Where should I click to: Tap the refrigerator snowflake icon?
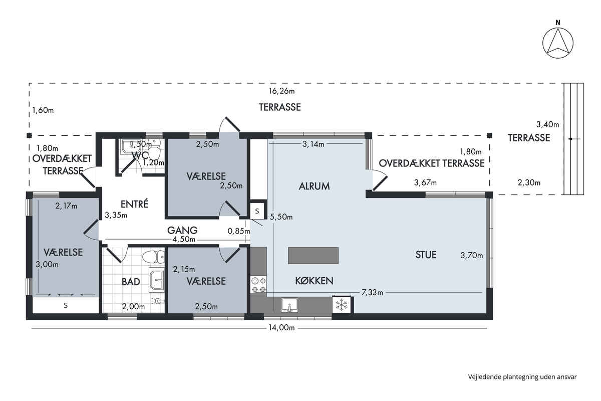click(x=341, y=305)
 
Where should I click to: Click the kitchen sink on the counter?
click(x=289, y=305)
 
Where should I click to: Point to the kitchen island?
click(x=313, y=256)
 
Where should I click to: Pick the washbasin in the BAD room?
click(x=156, y=281)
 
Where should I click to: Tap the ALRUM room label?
click(x=314, y=186)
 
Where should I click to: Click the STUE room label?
click(x=426, y=255)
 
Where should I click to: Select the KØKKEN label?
click(x=314, y=281)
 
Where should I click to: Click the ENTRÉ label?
click(x=134, y=204)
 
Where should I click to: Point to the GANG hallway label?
click(x=182, y=230)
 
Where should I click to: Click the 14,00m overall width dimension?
click(x=281, y=328)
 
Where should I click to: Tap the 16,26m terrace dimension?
click(x=281, y=91)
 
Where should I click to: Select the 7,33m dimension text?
click(x=372, y=293)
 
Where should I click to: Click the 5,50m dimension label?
click(x=281, y=217)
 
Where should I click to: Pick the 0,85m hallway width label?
click(x=239, y=231)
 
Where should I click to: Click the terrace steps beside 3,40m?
click(x=573, y=139)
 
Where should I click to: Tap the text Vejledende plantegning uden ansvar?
click(x=522, y=377)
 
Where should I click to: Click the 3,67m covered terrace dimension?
click(x=425, y=182)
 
